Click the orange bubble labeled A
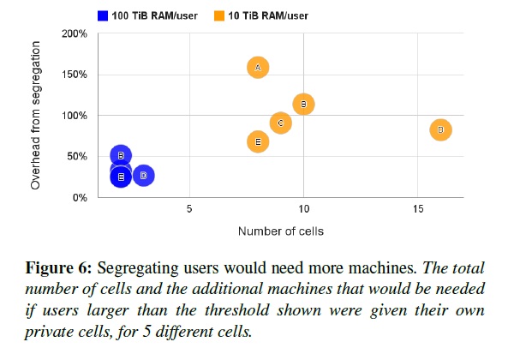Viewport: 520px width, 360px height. [x=258, y=67]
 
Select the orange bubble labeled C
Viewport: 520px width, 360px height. [x=280, y=123]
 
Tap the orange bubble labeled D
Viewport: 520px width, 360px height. [x=440, y=130]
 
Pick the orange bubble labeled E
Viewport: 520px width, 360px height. [x=258, y=141]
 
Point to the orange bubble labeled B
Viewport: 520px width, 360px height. [x=303, y=104]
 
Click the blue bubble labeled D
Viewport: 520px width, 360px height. [x=143, y=175]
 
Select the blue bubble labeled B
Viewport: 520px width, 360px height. [x=121, y=155]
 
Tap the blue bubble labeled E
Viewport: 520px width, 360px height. [x=121, y=177]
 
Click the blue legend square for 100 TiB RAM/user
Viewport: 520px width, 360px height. [x=103, y=15]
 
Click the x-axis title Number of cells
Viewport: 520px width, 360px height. [x=280, y=231]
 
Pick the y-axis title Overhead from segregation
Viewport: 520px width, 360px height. [x=35, y=116]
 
